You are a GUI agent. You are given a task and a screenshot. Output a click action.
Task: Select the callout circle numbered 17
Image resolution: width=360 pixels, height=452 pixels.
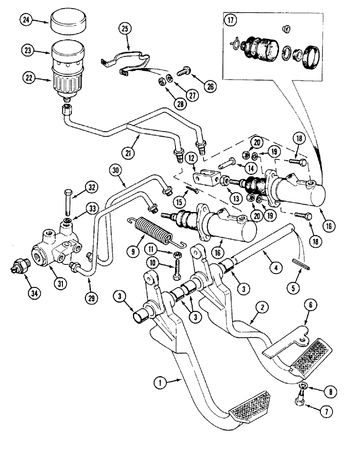[x=231, y=21]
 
